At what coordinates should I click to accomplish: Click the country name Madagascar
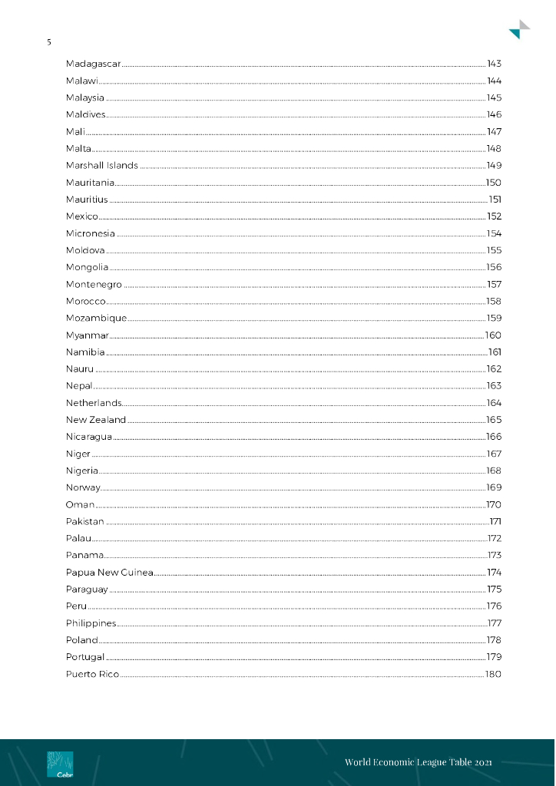coord(93,64)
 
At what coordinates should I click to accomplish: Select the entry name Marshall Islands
coord(102,166)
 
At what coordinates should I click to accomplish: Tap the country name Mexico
coord(82,216)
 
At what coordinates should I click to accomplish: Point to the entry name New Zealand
coord(96,420)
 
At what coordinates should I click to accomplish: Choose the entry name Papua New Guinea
coord(110,573)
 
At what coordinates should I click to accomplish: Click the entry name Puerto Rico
coord(93,674)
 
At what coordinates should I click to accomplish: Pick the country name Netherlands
coord(94,403)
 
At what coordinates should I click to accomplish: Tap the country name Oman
coord(81,505)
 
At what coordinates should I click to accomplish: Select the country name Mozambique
coord(96,319)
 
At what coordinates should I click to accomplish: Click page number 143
coord(494,64)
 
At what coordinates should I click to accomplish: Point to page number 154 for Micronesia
coord(494,233)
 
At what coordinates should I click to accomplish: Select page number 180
coord(493,674)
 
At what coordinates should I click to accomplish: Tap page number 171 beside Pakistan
coord(495,522)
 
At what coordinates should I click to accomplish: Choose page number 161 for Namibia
coord(495,352)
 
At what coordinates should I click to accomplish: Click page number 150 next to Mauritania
coord(493,183)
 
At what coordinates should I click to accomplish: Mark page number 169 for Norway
coord(494,488)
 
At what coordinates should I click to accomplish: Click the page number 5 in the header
coord(49,42)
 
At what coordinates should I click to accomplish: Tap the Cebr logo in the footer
coord(60,765)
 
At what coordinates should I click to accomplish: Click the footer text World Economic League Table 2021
coord(418,762)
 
